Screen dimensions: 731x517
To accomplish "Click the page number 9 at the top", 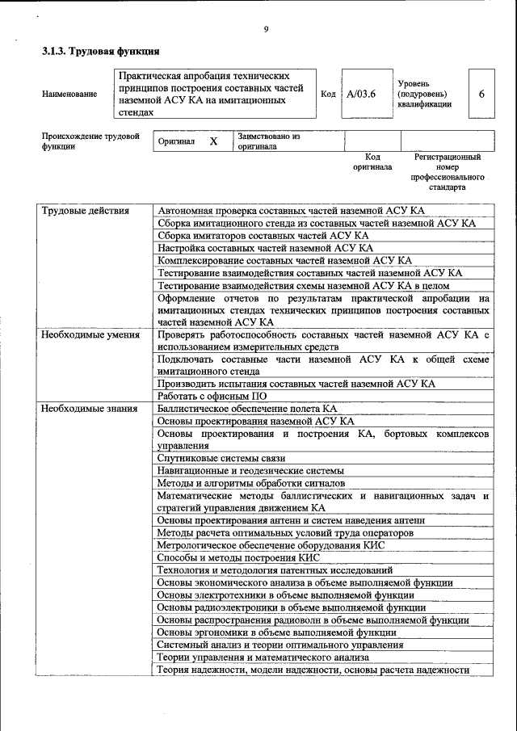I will (265, 31).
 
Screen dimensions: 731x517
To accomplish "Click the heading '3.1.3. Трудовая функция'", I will (100, 53).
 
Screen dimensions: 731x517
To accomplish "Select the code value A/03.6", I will (361, 94).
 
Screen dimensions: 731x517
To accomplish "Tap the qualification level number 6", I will (481, 94).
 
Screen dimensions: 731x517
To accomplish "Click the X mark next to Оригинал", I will (213, 141).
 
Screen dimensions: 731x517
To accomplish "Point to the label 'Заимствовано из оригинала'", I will (269, 141).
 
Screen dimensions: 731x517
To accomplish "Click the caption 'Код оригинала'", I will (372, 162).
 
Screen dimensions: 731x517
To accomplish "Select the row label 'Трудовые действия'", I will (86, 211).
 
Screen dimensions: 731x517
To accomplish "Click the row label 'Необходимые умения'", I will (90, 334).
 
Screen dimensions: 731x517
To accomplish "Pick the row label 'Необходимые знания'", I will (89, 409).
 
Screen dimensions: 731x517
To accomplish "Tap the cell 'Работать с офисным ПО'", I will (212, 397).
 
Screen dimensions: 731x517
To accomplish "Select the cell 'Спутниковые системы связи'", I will (221, 458).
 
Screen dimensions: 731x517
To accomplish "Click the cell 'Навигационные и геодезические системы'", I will (250, 470).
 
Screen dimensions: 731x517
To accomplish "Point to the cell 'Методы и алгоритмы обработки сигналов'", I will (250, 483).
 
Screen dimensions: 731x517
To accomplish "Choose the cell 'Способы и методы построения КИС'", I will (238, 557).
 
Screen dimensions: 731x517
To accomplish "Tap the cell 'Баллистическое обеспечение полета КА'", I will (247, 409).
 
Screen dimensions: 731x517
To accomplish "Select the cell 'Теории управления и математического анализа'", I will (263, 657).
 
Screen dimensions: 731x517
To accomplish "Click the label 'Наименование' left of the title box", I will (69, 95).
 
